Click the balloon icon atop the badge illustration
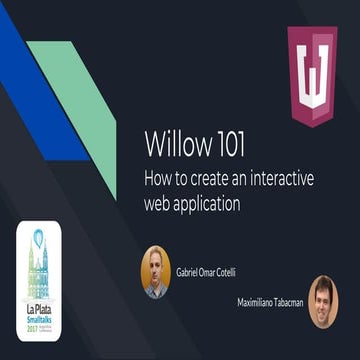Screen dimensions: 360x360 click(39, 238)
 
